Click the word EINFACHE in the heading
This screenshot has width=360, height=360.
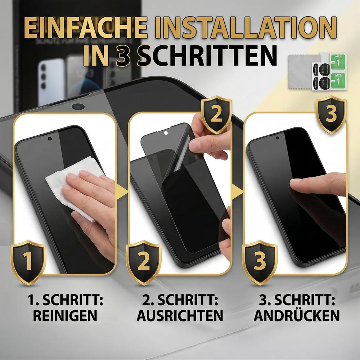click(x=86, y=28)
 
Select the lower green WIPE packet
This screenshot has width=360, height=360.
click(x=338, y=81)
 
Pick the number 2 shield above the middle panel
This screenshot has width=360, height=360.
click(x=216, y=114)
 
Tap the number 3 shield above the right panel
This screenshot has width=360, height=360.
click(x=331, y=114)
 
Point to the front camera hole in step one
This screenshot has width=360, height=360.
click(x=50, y=138)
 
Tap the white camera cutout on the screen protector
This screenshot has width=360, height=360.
click(x=166, y=133)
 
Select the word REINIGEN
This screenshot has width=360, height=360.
click(x=65, y=316)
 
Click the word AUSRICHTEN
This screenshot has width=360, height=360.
click(x=180, y=316)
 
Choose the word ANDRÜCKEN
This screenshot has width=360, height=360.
click(x=297, y=316)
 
